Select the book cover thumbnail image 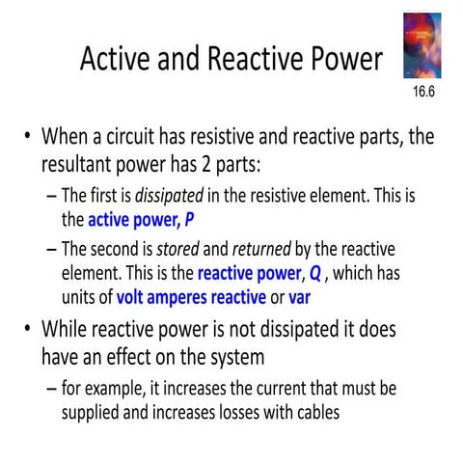422,45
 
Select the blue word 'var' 299,296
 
